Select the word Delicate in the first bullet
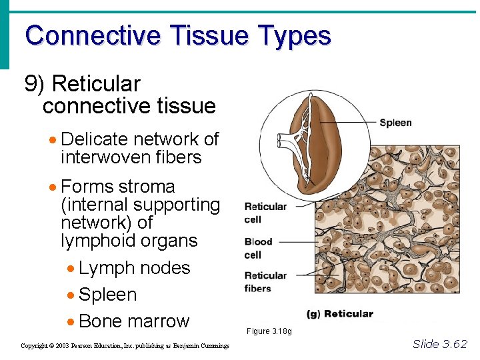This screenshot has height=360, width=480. point(93,139)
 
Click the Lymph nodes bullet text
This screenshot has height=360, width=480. point(134,268)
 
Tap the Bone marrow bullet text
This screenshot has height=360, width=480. point(134,321)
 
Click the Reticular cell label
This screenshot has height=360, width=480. point(265,213)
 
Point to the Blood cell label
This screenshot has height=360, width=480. point(257,248)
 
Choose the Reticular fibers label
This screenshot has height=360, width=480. point(265,282)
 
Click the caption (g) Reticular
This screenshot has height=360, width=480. point(339,313)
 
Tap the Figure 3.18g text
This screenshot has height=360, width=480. point(269,331)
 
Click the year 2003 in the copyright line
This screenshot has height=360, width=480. point(62,346)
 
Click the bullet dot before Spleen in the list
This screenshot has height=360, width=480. point(71,295)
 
